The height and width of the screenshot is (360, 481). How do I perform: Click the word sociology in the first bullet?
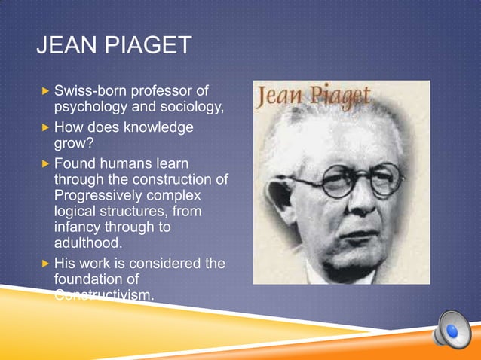tap(192, 108)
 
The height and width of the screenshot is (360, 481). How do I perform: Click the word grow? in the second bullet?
tap(72, 143)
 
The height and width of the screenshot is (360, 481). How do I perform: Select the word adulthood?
tap(88, 243)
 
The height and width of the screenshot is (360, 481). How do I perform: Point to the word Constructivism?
tap(103, 294)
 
